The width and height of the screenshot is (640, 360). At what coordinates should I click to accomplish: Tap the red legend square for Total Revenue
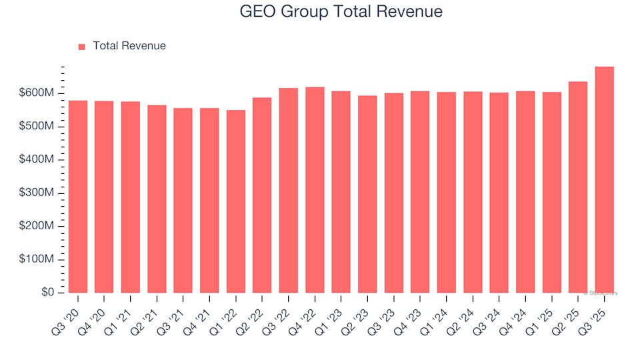[82, 47]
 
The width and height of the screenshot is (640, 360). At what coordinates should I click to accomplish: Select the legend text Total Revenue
[129, 46]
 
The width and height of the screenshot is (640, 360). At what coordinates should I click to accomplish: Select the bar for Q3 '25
[604, 180]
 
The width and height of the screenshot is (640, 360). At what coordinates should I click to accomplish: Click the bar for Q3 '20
[77, 197]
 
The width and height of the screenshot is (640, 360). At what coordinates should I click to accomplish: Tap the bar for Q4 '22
[315, 190]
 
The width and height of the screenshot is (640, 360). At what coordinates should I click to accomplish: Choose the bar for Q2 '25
[578, 187]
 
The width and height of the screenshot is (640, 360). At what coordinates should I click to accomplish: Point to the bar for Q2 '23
[367, 194]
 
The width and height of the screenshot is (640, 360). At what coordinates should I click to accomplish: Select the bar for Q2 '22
[262, 195]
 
